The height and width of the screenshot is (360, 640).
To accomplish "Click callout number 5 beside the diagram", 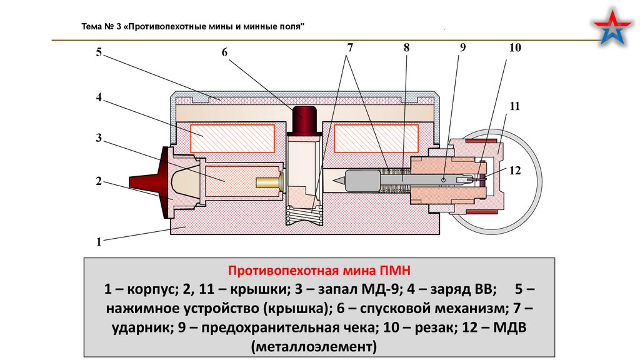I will click(98, 52).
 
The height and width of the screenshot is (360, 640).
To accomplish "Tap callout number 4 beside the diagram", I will click(98, 97).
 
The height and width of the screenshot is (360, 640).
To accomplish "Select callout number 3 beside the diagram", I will click(98, 137).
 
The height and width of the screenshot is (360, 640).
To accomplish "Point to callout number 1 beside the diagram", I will click(98, 241).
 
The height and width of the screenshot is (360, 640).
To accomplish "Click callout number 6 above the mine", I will click(225, 52).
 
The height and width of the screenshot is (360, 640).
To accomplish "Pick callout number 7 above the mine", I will click(350, 47).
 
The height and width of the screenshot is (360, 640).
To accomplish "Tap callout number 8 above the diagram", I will click(407, 47).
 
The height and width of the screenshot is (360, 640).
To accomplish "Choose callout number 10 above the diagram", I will click(515, 47).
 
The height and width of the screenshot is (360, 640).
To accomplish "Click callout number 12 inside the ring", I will click(514, 170).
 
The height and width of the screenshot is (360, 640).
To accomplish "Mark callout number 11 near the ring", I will click(514, 107).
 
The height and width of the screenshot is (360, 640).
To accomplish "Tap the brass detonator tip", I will click(269, 182).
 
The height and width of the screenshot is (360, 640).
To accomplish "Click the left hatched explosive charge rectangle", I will click(232, 137).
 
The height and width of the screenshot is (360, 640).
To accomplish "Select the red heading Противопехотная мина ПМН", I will click(319, 271).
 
